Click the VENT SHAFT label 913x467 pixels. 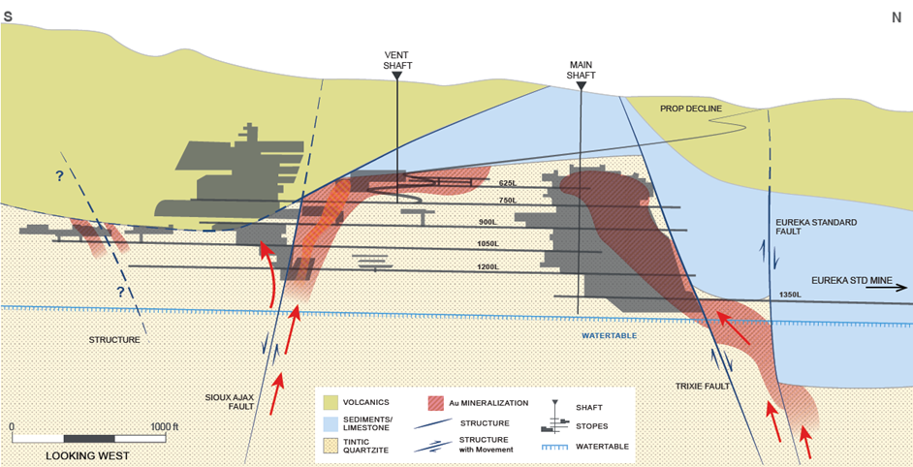click(x=397, y=59)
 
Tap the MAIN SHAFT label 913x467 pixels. click(x=581, y=70)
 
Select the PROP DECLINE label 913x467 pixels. click(x=691, y=109)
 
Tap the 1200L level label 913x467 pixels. click(x=487, y=266)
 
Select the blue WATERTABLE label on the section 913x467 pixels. click(x=610, y=335)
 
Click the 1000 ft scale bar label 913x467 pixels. click(x=160, y=426)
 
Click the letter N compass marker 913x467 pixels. click(x=896, y=16)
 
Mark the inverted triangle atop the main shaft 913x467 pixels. click(x=581, y=86)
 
